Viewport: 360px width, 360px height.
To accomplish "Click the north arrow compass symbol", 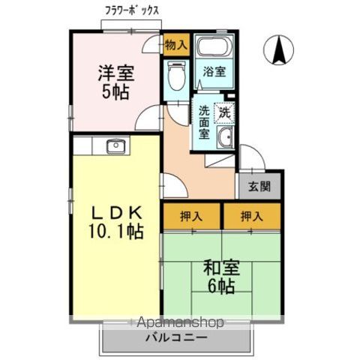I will pos(279,50).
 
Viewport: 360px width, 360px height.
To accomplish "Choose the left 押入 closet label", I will pos(192,216).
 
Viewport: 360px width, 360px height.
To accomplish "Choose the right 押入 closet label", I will pos(252,216).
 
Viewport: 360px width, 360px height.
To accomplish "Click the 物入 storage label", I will pos(175,46).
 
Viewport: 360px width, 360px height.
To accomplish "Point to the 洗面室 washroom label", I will pos(204,122).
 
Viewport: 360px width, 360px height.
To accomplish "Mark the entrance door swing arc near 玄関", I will pos(252,159).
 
